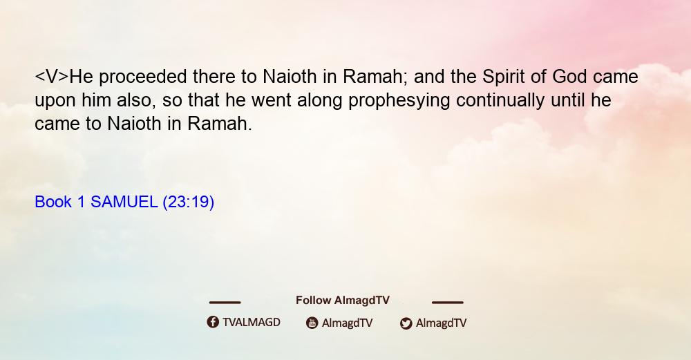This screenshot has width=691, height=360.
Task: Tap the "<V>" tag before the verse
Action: pyautogui.click(x=52, y=77)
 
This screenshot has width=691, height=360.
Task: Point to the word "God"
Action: pyautogui.click(x=569, y=77)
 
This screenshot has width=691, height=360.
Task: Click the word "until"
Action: pyautogui.click(x=568, y=100)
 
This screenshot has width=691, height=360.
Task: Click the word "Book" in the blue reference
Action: pyautogui.click(x=53, y=202)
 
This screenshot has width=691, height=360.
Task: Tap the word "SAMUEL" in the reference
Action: pyautogui.click(x=124, y=202)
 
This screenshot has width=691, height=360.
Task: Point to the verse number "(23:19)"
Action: pyautogui.click(x=189, y=202)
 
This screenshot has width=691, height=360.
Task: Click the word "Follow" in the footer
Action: pyautogui.click(x=313, y=301)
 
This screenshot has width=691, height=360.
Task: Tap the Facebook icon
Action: pyautogui.click(x=213, y=322)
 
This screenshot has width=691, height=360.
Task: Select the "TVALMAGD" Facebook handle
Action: pyautogui.click(x=252, y=323)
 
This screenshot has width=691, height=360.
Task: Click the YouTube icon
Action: pyautogui.click(x=312, y=323)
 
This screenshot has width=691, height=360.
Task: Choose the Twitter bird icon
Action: pyautogui.click(x=406, y=323)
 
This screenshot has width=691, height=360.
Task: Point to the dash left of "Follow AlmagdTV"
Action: pyautogui.click(x=225, y=303)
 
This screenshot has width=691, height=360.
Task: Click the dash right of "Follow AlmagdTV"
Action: pyautogui.click(x=447, y=303)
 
